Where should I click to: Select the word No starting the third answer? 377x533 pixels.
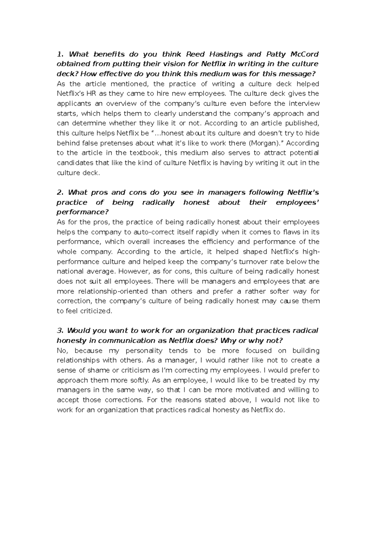[x=61, y=351]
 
